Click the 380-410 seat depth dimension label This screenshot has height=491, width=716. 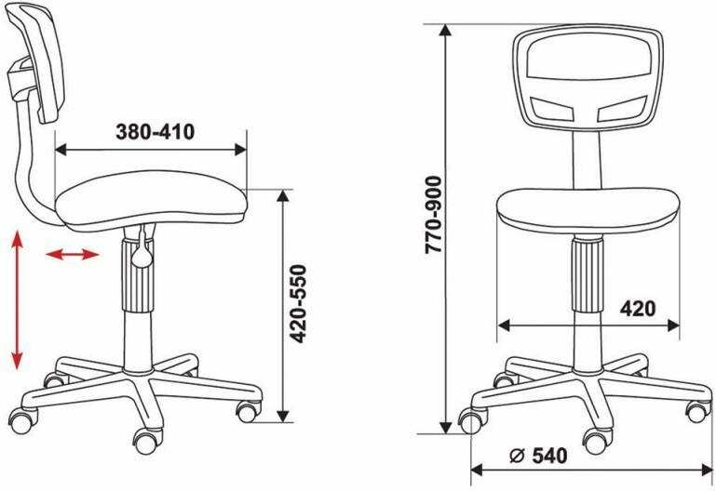pyautogui.click(x=155, y=132)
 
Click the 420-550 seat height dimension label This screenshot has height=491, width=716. pyautogui.click(x=299, y=304)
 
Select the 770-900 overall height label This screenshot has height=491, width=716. pyautogui.click(x=433, y=215)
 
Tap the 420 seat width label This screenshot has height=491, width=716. pyautogui.click(x=638, y=309)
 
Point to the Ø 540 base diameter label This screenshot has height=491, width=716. pyautogui.click(x=538, y=456)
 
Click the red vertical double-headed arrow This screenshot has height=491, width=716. pyautogui.click(x=18, y=300)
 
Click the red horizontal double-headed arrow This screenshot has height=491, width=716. pyautogui.click(x=72, y=255)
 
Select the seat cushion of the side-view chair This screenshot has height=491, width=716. pyautogui.click(x=151, y=200)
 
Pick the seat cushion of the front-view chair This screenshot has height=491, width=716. pyautogui.click(x=588, y=210)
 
